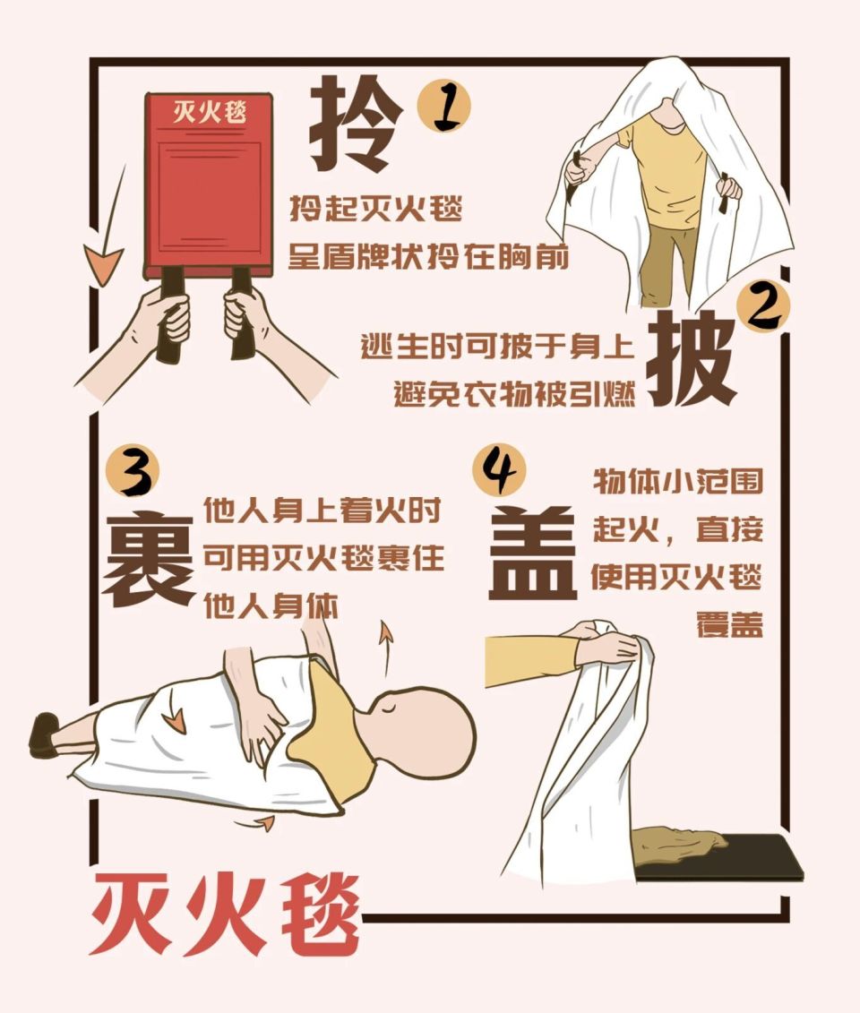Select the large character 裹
pos(149,559)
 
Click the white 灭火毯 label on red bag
pos(211,113)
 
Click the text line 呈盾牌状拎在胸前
pos(428,257)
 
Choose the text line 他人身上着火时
pos(322,512)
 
